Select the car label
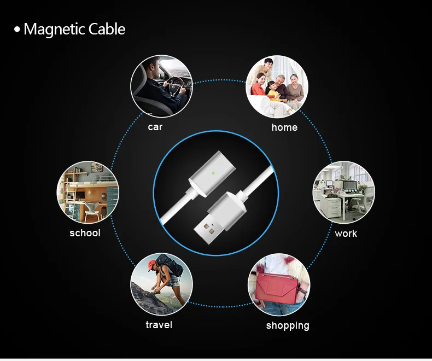[x=155, y=127]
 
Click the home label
[x=284, y=127]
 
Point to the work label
[x=346, y=234]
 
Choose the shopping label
[x=288, y=326]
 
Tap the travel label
[x=159, y=325]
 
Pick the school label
[x=85, y=233]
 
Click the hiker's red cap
[x=153, y=265]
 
